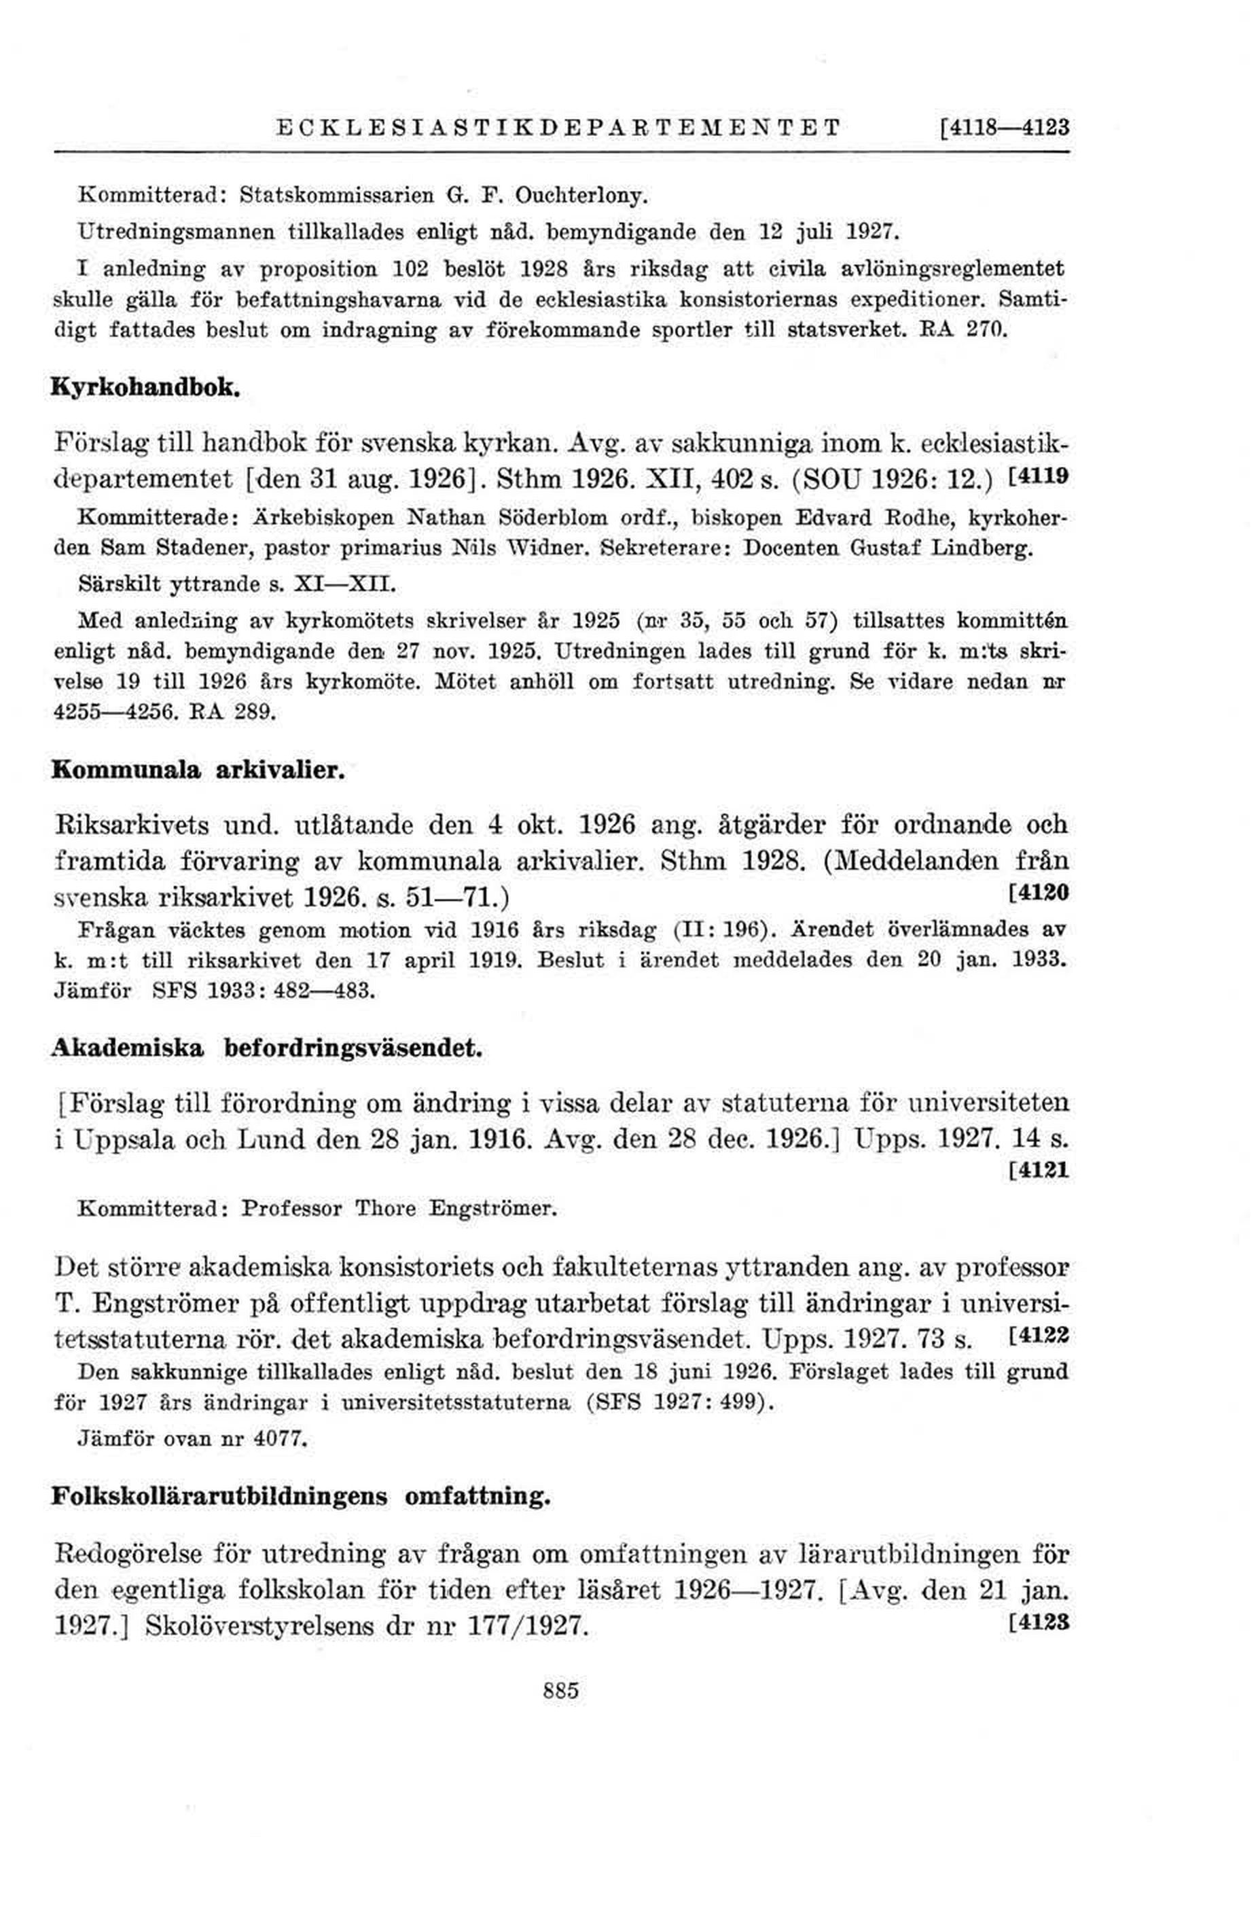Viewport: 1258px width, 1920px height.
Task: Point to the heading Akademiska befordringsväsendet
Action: point(267,1049)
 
